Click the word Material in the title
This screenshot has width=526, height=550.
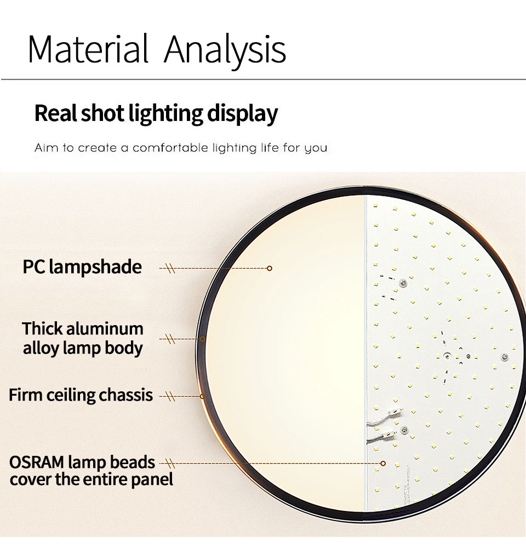pos(88,49)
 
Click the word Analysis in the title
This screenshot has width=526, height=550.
pos(225,51)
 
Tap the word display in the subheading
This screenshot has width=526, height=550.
pos(242,114)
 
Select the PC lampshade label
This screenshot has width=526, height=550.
pos(82,267)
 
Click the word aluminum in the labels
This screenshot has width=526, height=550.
pos(105,329)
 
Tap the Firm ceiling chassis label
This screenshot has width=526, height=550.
pos(81,395)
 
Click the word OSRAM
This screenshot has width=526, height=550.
pos(37,462)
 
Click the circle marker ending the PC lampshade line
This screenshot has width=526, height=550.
pos(270,268)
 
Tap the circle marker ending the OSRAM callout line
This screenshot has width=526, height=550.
pos(383,464)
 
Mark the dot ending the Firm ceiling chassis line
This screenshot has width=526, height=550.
pos(202,396)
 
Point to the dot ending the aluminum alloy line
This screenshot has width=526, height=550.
pos(203,339)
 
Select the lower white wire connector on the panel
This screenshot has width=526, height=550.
pos(389,435)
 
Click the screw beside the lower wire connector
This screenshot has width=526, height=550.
pos(404,430)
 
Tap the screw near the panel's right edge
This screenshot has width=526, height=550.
pos(505,357)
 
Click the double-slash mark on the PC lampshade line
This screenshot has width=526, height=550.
pos(171,269)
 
